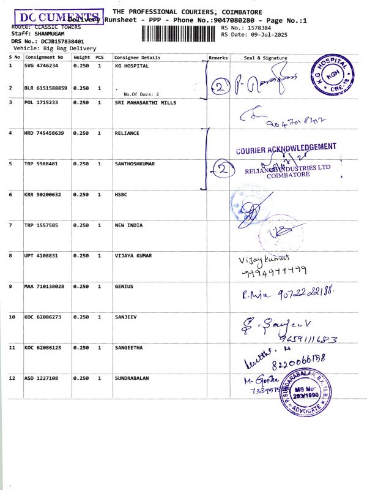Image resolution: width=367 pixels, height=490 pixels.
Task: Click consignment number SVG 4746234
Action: (x=41, y=65)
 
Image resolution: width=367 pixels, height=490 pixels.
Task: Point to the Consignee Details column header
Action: (x=138, y=58)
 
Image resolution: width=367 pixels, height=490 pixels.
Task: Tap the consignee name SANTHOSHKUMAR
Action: (x=135, y=164)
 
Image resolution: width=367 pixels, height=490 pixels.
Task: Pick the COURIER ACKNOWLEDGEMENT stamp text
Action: (x=286, y=148)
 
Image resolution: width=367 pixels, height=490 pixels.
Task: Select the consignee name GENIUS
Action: (x=124, y=286)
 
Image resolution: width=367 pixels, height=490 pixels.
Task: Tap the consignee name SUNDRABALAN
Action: (x=133, y=379)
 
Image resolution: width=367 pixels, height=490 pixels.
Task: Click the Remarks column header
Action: (x=218, y=58)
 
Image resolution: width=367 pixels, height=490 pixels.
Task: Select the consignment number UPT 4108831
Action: (x=41, y=255)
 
